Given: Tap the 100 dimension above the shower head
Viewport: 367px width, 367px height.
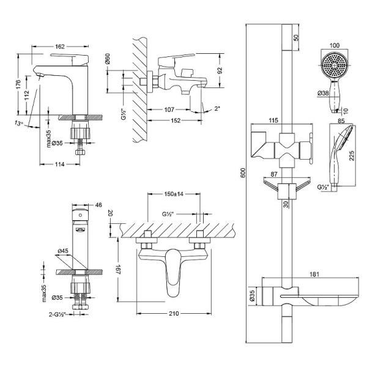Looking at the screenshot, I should tap(334, 45).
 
